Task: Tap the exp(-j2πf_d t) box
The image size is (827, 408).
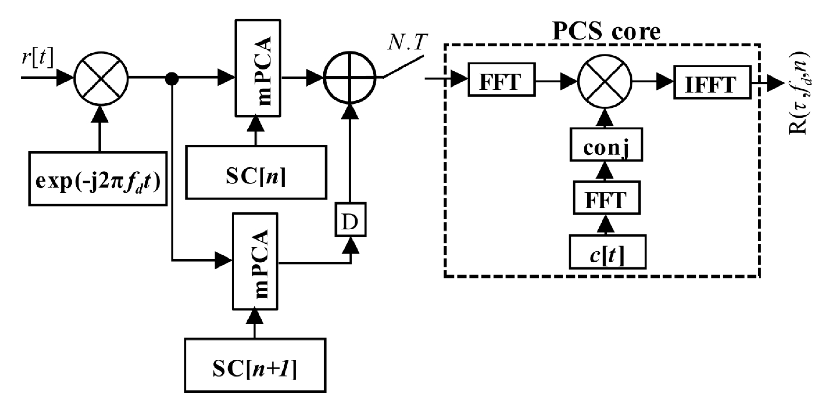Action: [x=98, y=179]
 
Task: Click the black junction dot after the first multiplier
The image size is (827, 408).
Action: [x=172, y=79]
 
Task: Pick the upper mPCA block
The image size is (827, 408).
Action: [x=258, y=68]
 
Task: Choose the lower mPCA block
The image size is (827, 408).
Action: [x=255, y=261]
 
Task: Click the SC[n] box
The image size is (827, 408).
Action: [x=256, y=172]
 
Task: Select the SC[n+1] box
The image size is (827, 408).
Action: [x=255, y=365]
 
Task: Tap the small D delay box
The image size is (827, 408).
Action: [x=350, y=219]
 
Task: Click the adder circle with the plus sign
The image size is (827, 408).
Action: [x=349, y=78]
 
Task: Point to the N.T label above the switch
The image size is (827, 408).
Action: [x=407, y=43]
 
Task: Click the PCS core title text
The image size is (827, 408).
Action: [x=606, y=32]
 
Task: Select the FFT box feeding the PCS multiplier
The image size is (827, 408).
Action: [x=501, y=80]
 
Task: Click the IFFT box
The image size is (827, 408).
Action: [x=712, y=82]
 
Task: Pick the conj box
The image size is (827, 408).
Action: [x=606, y=145]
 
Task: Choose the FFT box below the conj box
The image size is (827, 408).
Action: [x=607, y=198]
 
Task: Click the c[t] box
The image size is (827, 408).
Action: [x=607, y=252]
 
